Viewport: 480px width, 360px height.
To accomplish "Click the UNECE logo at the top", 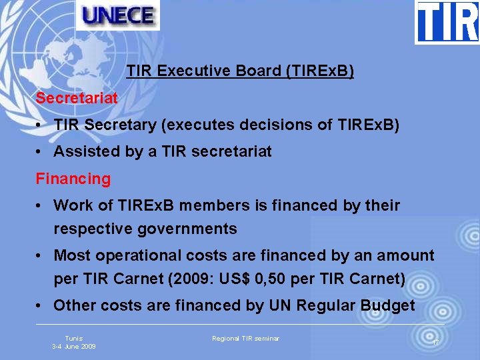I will [x=117, y=15].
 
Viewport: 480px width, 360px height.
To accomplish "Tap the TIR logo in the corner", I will [x=447, y=22].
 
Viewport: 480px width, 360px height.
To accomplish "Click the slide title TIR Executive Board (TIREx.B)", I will [x=240, y=71].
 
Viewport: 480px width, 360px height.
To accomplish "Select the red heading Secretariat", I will [x=77, y=98].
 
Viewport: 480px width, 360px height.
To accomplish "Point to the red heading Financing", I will [x=73, y=179].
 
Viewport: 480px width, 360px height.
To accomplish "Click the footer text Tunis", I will [x=73, y=339].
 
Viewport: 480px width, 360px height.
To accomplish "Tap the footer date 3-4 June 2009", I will [x=73, y=347].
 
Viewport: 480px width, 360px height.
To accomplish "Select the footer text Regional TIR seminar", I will [x=245, y=339].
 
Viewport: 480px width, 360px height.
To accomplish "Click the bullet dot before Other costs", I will [x=41, y=306].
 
